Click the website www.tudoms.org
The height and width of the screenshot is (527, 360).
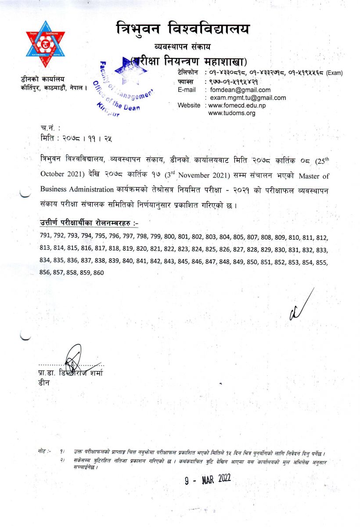(x=231, y=113)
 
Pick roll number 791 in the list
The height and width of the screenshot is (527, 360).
(x=45, y=238)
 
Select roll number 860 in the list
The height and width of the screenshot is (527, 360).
(x=98, y=273)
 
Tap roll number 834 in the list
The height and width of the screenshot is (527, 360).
(x=45, y=261)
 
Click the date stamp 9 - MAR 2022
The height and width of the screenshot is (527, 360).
(x=208, y=479)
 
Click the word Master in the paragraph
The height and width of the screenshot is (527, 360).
(x=302, y=176)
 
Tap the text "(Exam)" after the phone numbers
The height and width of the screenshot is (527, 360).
(x=334, y=73)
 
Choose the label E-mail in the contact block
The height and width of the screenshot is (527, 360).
(x=187, y=90)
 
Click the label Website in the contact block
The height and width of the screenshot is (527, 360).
(x=189, y=105)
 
